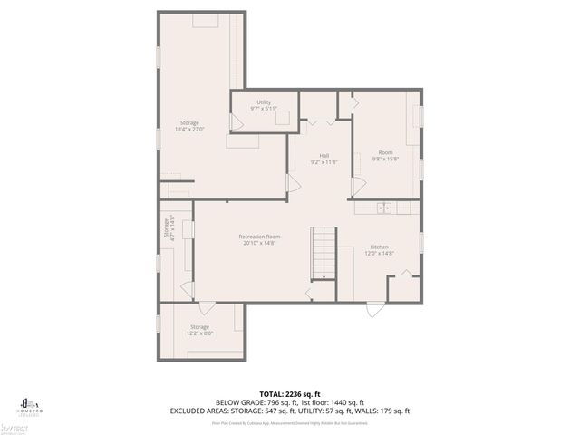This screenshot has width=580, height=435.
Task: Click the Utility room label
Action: [x=264, y=102]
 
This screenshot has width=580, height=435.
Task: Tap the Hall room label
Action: [x=324, y=155]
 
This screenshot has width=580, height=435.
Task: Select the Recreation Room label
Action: [x=259, y=237]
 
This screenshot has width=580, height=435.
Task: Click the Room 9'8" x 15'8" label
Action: [x=385, y=151]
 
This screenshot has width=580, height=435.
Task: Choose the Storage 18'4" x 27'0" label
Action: [x=188, y=122]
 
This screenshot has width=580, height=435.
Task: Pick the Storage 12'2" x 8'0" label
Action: [x=199, y=326]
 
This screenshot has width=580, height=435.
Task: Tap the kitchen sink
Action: [x=384, y=208]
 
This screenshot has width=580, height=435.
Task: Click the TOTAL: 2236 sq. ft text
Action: [x=289, y=393]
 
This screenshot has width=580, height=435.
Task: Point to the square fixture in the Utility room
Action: [x=283, y=115]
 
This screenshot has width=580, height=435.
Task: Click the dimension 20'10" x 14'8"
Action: [x=259, y=243]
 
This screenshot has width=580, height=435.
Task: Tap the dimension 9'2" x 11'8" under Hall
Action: [x=324, y=161]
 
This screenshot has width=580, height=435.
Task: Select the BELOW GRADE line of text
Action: [x=289, y=402]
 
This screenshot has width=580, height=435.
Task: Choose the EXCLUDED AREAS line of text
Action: [x=289, y=411]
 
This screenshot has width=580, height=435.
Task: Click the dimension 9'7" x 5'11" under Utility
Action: [x=264, y=109]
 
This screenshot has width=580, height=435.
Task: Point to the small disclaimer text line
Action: [x=289, y=422]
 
